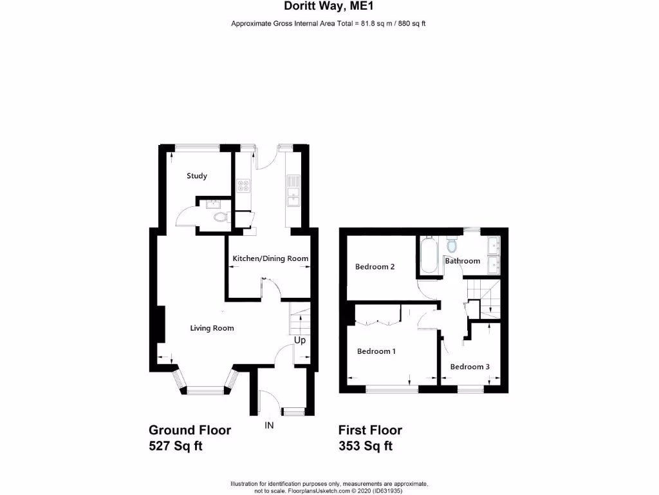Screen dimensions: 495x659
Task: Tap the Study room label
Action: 197,176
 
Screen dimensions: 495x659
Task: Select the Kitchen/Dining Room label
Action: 270,258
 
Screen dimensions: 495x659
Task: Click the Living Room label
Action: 212,328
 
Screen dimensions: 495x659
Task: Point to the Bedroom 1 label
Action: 376,351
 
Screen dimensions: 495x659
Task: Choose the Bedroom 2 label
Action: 375,267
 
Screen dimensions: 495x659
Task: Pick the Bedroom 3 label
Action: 470,367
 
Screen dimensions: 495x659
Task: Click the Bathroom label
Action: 463,261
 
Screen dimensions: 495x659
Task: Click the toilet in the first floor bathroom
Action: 452,246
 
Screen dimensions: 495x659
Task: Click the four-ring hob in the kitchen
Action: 245,186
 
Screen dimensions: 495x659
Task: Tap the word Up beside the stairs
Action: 300,340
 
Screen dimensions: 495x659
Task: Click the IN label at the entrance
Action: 269,425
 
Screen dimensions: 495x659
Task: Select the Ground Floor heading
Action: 189,430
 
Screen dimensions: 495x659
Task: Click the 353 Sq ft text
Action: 366,445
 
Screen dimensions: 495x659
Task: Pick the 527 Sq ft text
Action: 176,445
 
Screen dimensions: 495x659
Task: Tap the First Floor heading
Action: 370,430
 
